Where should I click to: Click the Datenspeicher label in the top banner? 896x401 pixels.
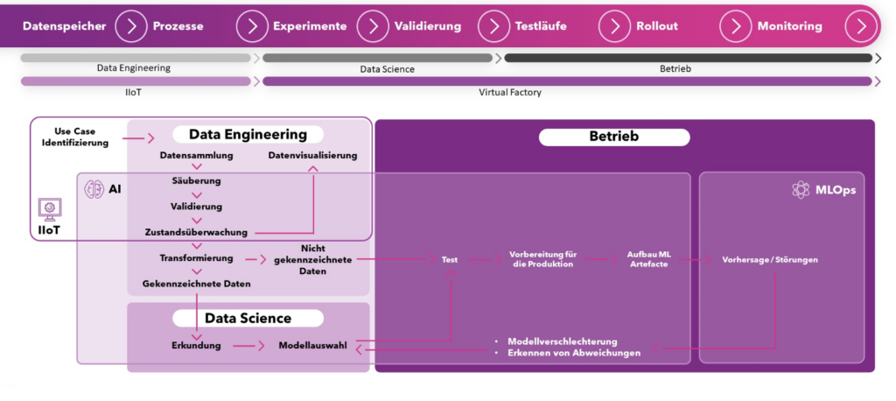pos(64,26)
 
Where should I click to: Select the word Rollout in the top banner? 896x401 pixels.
pos(657,26)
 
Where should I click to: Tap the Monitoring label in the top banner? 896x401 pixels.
pos(790,26)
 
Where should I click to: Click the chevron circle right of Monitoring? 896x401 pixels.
pos(861,26)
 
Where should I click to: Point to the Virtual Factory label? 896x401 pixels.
pos(510,92)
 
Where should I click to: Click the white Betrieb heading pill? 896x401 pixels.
pos(614,137)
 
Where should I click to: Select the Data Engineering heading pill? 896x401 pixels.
pos(248,135)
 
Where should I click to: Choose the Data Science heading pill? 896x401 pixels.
pos(248,318)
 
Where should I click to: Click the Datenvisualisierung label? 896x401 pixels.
pos(312,155)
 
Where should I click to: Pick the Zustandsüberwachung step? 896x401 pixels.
pos(196,232)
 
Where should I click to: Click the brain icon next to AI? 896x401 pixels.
pos(94,189)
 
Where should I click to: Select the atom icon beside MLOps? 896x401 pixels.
pos(801,190)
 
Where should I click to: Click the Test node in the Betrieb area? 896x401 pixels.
pos(450,260)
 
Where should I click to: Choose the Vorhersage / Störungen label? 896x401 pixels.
pos(770,260)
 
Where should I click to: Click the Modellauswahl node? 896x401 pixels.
pos(312,346)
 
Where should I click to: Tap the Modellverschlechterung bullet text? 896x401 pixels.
pos(563,341)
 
